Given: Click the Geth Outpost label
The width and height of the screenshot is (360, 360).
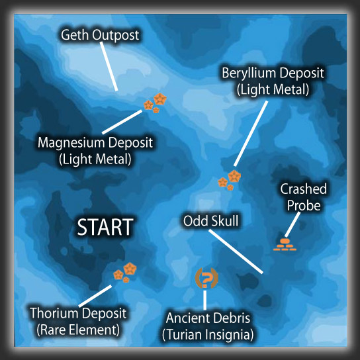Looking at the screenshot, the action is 100,35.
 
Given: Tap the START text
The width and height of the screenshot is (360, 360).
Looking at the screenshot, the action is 105,227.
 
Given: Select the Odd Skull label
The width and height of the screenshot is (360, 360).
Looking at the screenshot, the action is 210,220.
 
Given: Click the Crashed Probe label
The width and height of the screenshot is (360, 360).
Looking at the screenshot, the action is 304,197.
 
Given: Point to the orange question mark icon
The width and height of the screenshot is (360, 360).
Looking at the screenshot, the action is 206,278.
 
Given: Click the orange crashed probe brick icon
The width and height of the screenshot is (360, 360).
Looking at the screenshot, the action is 285,244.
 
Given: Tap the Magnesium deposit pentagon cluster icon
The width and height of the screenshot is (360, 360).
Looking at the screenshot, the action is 155,103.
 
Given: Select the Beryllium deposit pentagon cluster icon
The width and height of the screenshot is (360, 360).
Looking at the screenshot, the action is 230,180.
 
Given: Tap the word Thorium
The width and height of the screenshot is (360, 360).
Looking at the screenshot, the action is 53,313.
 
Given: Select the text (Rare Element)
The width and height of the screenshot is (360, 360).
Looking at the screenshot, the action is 78,330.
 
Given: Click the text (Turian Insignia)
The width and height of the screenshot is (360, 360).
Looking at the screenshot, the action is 208,334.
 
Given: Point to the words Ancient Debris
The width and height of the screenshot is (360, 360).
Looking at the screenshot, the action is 208,318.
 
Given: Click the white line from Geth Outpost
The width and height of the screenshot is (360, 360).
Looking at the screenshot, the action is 109,66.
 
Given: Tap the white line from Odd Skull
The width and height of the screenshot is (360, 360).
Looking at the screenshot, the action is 236,251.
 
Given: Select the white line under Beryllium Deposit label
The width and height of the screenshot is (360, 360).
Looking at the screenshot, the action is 251,134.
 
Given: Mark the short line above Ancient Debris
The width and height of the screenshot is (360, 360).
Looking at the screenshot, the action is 204,300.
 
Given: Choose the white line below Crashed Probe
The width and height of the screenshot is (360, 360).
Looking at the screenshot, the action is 292,224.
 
